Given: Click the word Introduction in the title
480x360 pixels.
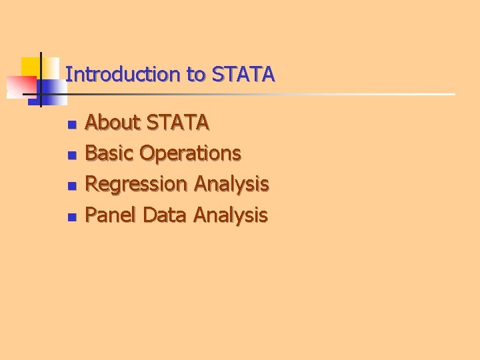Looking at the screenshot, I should coord(124,74).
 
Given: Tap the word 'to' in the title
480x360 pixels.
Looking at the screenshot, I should coord(196,74).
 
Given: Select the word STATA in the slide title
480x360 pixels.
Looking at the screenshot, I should coord(243,74).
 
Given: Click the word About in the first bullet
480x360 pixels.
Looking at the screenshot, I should coord(113,123).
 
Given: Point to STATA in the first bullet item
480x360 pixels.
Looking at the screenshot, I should coord(177,123).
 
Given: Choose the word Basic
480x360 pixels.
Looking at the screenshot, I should coord(110,153).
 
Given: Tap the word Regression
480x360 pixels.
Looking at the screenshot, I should coord(137,184).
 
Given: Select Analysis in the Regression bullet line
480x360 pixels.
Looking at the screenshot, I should coord(231,184).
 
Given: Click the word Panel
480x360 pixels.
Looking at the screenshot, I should coord(112,215).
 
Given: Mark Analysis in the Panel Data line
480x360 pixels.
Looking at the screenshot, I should coord(230,215).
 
